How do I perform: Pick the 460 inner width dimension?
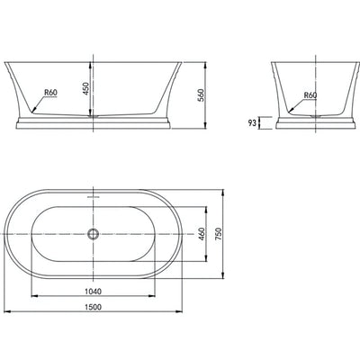[202, 233]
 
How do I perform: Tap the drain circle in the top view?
[92, 233]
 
